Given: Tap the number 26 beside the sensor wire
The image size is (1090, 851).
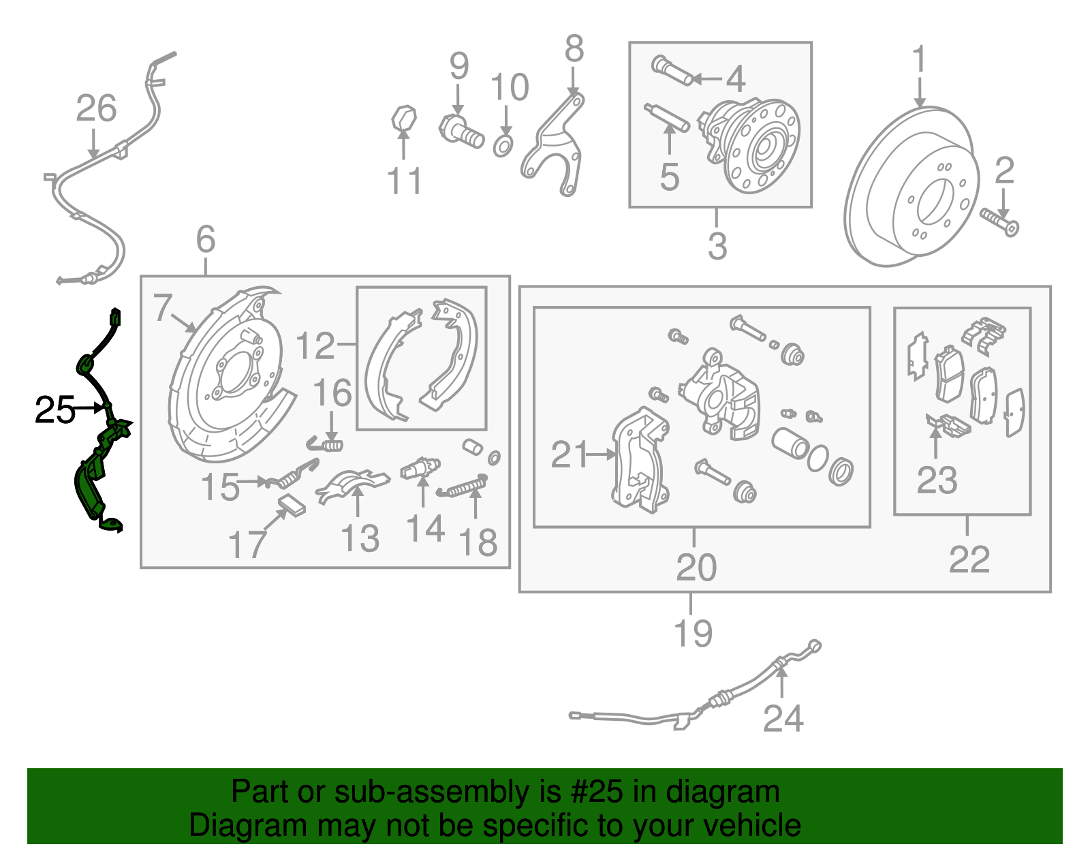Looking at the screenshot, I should click(x=96, y=108).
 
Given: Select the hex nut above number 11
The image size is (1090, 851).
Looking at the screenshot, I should click(x=403, y=118).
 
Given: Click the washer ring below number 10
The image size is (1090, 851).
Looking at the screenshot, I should click(x=502, y=145).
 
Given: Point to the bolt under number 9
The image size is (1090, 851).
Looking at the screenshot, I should click(x=461, y=131).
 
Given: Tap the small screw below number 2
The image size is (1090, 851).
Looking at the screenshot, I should click(x=999, y=221).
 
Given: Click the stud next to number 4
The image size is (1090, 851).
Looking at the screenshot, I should click(x=672, y=71).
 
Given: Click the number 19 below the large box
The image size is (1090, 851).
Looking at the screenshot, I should click(x=693, y=633).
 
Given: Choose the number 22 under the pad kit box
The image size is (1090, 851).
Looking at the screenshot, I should click(x=969, y=560).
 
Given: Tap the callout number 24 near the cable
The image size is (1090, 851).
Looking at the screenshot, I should click(x=783, y=718).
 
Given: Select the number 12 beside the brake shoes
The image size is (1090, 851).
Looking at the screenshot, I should click(x=315, y=346).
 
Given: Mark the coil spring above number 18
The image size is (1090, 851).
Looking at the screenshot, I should click(x=465, y=486).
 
